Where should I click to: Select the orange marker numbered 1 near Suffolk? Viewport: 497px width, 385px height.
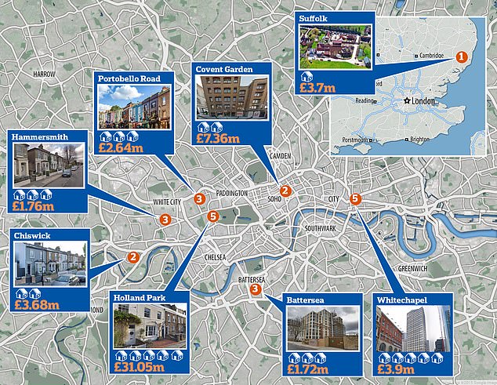462,57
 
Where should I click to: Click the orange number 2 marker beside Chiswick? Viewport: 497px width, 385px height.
133,256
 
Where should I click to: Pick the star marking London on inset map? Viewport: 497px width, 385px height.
406,103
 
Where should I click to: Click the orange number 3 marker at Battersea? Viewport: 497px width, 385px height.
256,290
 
